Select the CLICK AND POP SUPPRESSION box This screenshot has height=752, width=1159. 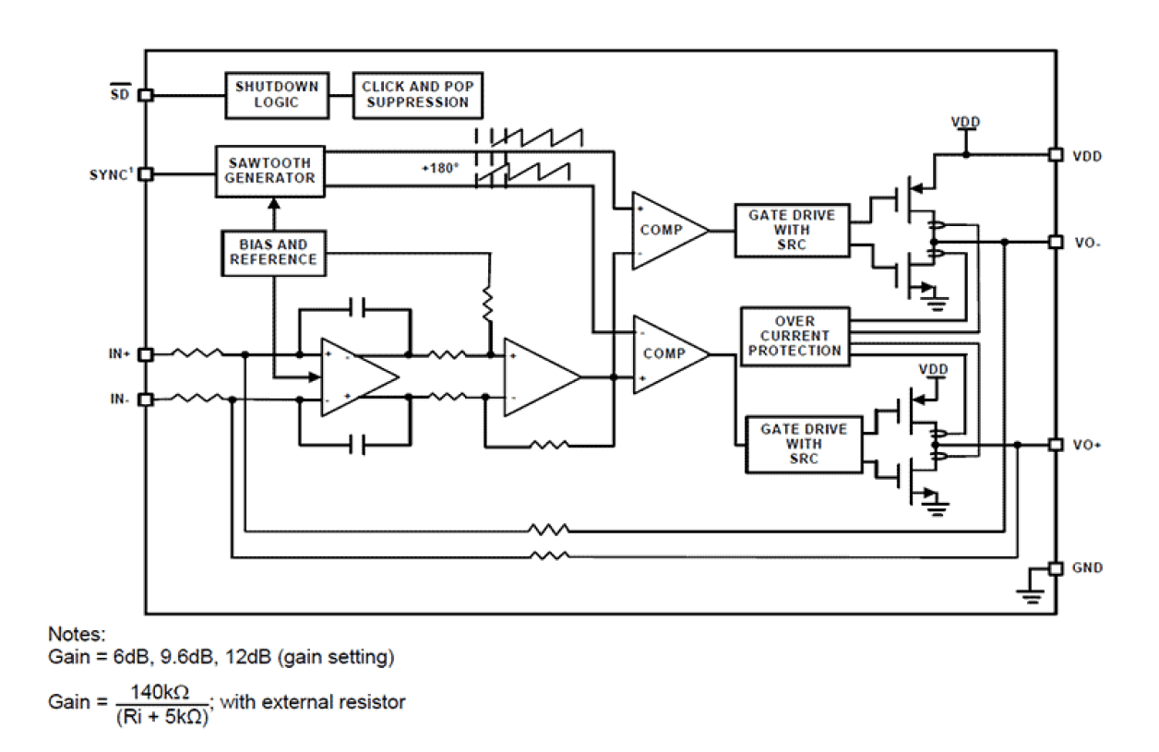point(418,93)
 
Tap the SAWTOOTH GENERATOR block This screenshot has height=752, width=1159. point(270,170)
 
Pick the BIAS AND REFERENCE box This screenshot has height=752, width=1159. point(272,252)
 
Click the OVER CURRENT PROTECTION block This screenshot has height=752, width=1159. point(795,337)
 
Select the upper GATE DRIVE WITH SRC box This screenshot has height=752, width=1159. point(793,230)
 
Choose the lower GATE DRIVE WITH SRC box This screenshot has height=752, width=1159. point(804,445)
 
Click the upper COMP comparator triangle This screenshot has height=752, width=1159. point(663,231)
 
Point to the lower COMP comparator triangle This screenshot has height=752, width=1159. point(665,353)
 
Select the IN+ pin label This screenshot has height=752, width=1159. point(120,353)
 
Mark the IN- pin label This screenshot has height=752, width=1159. point(121,400)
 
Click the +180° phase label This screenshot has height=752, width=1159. point(439,169)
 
